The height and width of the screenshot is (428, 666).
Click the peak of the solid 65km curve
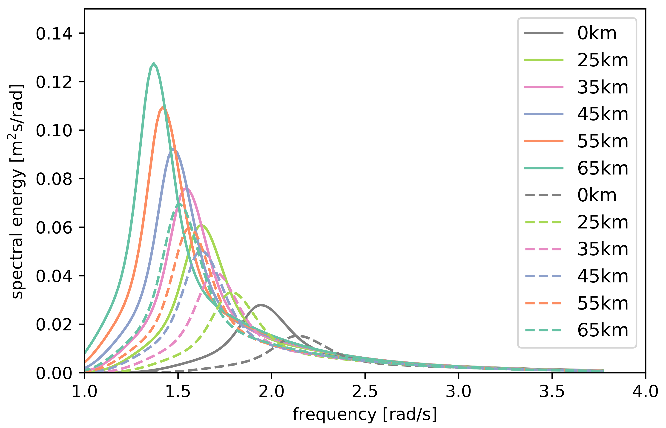click(154, 64)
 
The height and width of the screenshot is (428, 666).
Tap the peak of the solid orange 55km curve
click(163, 107)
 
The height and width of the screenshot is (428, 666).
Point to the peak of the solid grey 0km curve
click(261, 305)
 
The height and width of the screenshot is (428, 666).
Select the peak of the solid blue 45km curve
click(173, 149)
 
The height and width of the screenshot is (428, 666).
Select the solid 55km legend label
click(603, 141)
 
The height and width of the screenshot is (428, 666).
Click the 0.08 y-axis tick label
click(54, 179)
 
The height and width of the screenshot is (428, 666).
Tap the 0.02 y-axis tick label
click(54, 324)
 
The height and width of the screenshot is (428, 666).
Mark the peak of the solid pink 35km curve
click(187, 189)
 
